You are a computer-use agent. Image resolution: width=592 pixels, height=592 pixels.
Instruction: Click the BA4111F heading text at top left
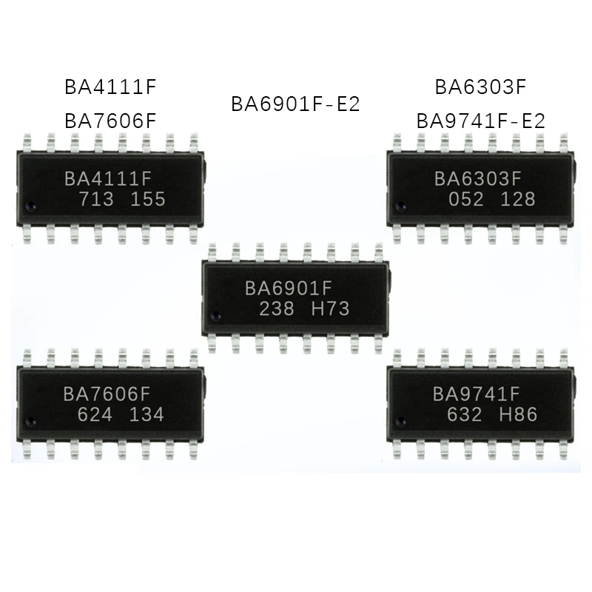pos(111,87)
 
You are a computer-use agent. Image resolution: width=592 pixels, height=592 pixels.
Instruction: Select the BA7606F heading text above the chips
pos(111,120)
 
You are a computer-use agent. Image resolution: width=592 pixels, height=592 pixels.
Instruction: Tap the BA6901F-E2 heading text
pos(295,104)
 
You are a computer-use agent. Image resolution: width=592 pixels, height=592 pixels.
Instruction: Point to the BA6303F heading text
pos(480,87)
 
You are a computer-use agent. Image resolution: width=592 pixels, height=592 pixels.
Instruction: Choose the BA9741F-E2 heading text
pos(480,120)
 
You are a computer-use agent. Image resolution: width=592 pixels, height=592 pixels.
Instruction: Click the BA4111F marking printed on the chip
pos(110,178)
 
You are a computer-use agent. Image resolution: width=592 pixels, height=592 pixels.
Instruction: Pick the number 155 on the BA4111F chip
pos(147,199)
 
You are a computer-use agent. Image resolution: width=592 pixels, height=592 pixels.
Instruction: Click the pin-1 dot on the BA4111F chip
pos(30,205)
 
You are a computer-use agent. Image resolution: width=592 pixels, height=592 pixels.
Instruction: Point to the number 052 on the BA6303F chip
pos(466,199)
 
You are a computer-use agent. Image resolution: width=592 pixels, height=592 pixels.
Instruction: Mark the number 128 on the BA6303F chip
pos(517,199)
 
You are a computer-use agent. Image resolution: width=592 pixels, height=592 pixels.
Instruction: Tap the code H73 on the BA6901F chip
pos(331,309)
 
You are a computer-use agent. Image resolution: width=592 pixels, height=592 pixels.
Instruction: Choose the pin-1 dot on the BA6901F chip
pos(215,316)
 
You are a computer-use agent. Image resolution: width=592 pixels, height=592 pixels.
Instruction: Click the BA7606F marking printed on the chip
pos(110,394)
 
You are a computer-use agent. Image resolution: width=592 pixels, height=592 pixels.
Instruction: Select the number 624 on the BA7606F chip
pos(95,414)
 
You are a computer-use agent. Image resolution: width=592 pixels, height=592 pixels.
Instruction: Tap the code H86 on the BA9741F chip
pos(517,414)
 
